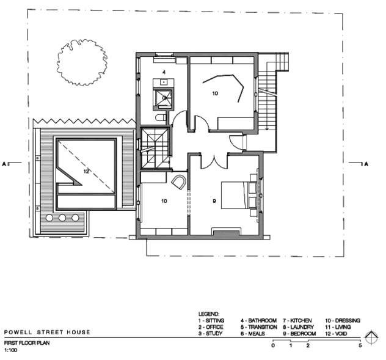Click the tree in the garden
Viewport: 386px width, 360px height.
click(82, 62)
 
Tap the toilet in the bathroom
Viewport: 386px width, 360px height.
click(161, 118)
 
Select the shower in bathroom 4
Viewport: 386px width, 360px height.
click(162, 98)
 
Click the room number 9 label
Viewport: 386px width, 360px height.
click(214, 201)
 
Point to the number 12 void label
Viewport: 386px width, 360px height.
click(86, 171)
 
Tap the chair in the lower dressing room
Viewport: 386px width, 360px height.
click(179, 182)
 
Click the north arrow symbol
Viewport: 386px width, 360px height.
click(371, 337)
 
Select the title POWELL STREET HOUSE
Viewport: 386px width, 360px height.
click(47, 332)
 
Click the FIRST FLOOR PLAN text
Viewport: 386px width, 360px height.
click(27, 343)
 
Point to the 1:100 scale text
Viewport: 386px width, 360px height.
click(10, 350)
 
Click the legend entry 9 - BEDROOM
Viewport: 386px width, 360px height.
click(299, 334)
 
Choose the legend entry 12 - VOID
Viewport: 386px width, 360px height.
click(336, 334)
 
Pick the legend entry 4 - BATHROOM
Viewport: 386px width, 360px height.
click(258, 320)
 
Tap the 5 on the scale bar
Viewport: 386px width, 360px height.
click(360, 345)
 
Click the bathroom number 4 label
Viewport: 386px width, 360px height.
click(164, 72)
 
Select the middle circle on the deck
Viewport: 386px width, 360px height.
click(62, 218)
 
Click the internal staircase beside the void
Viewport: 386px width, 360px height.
click(155, 149)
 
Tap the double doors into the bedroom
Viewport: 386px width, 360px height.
click(214, 162)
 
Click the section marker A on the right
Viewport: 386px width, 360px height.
click(366, 164)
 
